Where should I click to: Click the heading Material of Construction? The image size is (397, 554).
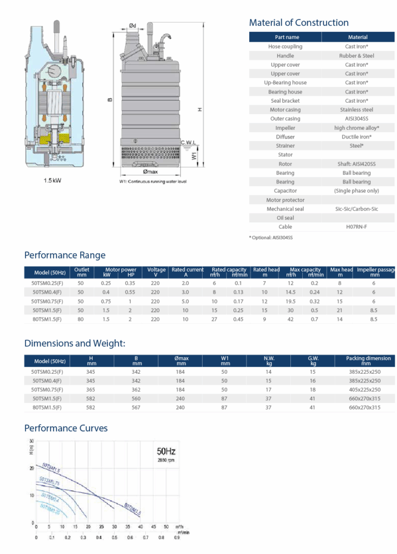point(298,23)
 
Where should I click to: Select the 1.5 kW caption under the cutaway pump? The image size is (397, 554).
point(53,180)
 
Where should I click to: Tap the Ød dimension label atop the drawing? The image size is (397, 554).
point(133,25)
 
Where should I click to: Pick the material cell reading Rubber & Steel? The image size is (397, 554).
point(357,56)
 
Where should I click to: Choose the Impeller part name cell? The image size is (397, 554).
point(285,128)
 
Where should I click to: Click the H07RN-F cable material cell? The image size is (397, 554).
point(357,227)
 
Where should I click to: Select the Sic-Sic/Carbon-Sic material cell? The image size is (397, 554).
point(357,209)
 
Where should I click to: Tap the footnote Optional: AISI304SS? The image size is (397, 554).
point(271,238)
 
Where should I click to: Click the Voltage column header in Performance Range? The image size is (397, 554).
point(156,272)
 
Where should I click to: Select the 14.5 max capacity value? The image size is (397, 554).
point(290,292)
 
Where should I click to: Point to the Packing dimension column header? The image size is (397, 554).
point(368,360)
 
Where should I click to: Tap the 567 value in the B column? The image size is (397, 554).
point(136,407)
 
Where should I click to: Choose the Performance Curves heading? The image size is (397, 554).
point(66,428)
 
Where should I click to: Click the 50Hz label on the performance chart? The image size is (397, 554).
point(166,451)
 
